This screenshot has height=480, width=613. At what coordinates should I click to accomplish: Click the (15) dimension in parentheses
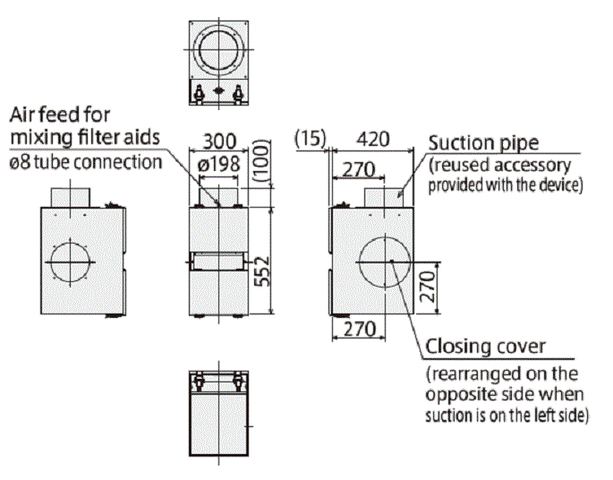tap(311, 139)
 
